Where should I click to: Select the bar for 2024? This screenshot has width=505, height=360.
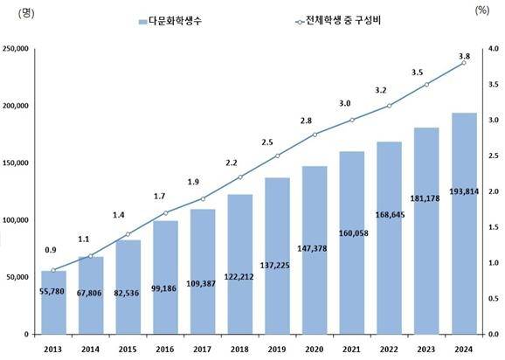[x=463, y=224]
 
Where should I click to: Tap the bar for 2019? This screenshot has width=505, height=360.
[x=277, y=255]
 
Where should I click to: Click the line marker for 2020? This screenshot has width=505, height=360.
[x=314, y=135]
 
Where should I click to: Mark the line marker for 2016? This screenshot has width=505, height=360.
[x=164, y=213]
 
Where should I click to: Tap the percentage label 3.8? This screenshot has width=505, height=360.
[x=463, y=55]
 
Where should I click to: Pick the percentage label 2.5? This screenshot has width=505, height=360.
[x=277, y=142]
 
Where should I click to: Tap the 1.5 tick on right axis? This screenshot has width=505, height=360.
[x=492, y=227]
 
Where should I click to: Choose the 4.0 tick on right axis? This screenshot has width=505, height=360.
[x=492, y=49]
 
